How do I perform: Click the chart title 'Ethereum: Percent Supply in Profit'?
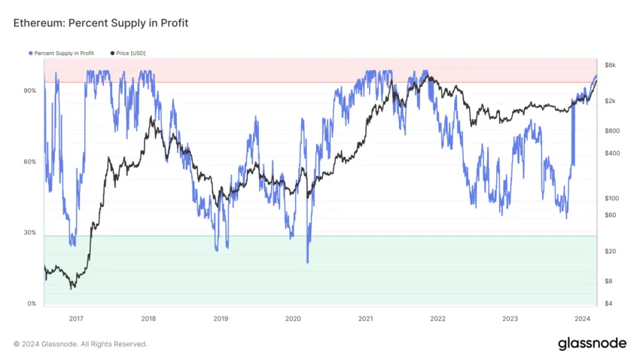click(x=101, y=23)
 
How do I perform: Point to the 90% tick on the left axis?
click(x=30, y=90)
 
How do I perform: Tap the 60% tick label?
click(x=30, y=162)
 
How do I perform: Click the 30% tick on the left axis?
click(x=30, y=233)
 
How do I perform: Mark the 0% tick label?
click(x=32, y=304)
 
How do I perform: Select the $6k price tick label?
click(x=611, y=66)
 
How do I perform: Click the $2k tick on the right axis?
click(x=611, y=101)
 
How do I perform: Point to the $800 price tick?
click(x=613, y=130)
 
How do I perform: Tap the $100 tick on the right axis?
click(x=613, y=198)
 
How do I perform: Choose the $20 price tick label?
click(x=611, y=251)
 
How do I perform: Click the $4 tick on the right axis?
click(x=610, y=304)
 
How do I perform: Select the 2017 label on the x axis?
click(x=76, y=319)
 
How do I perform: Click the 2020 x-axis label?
click(x=293, y=319)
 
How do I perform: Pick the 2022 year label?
click(x=437, y=319)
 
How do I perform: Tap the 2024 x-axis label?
click(x=583, y=319)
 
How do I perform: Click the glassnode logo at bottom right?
click(x=592, y=343)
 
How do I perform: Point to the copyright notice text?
click(x=81, y=344)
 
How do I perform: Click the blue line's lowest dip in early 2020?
click(x=307, y=262)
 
